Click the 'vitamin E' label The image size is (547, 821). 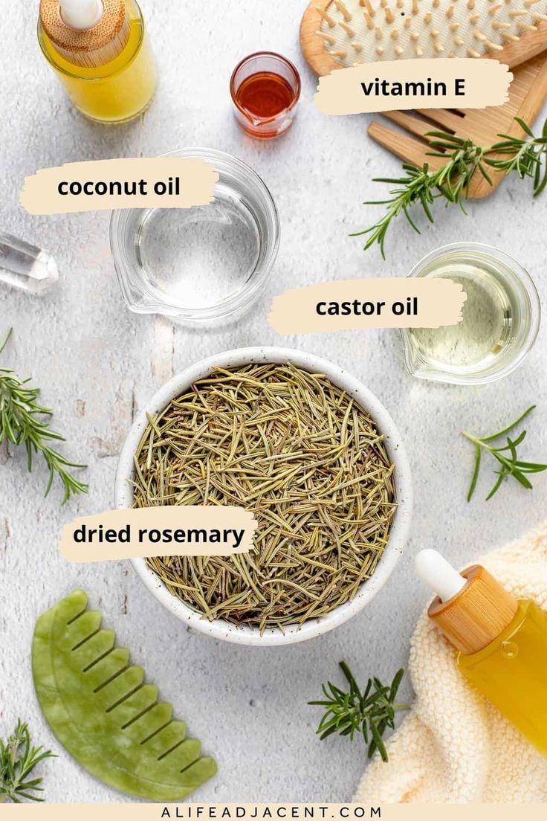tap(413, 87)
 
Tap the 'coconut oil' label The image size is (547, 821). tap(119, 186)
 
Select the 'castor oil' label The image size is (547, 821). tap(366, 306)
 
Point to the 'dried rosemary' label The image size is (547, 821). tap(158, 535)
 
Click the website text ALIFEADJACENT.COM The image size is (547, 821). tap(272, 812)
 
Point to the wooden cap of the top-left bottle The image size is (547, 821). tap(88, 33)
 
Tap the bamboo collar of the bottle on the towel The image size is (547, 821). tap(473, 608)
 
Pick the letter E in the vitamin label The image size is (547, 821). tap(458, 87)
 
